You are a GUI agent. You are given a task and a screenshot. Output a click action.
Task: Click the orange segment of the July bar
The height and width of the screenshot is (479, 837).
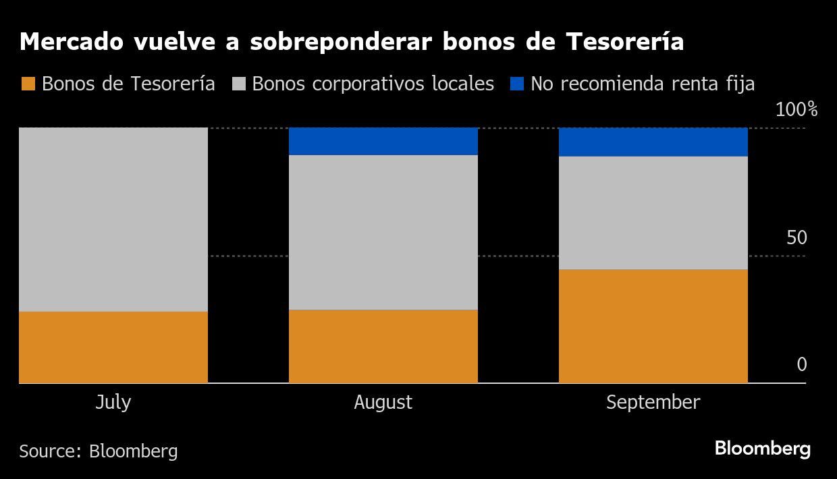pos(113,347)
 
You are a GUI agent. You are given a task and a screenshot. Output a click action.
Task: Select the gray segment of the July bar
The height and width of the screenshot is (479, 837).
pos(113,219)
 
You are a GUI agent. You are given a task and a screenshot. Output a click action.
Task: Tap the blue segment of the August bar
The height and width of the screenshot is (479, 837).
pos(383,141)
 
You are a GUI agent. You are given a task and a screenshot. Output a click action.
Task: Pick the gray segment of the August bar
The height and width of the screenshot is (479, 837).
pos(383,232)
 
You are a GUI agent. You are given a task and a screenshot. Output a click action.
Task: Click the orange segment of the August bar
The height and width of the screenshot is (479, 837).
pos(383,346)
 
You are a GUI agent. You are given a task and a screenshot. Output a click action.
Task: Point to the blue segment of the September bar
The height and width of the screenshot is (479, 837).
pos(653,142)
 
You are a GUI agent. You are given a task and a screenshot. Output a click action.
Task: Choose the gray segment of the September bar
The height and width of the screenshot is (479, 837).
pos(653,213)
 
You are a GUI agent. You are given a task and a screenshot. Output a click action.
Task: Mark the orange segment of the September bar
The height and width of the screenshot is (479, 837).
pos(653,326)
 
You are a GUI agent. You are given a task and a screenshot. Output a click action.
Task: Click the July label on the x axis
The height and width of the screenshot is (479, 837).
pos(113,403)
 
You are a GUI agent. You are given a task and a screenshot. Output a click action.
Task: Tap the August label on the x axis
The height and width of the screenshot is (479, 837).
pos(383,403)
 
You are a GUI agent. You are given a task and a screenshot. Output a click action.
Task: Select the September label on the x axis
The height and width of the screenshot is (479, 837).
pos(653,403)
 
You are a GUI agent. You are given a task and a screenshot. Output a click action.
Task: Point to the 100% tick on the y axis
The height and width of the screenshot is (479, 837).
pos(796,110)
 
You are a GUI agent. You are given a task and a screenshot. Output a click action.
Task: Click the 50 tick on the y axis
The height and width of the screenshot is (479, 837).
pos(796,238)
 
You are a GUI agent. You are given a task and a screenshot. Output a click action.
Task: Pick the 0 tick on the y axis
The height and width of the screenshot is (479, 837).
pos(801,365)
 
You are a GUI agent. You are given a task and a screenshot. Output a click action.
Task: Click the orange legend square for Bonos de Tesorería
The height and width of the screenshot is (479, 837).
pos(28,84)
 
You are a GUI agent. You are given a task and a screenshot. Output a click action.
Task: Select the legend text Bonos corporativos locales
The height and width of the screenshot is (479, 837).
pos(373,84)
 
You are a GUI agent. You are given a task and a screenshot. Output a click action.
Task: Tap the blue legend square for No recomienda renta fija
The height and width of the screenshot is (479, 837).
pos(516,84)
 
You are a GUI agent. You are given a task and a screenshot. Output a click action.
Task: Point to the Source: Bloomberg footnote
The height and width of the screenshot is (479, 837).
pos(99,451)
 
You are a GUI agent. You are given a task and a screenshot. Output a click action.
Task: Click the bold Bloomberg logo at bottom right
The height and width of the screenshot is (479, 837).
pos(762,449)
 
